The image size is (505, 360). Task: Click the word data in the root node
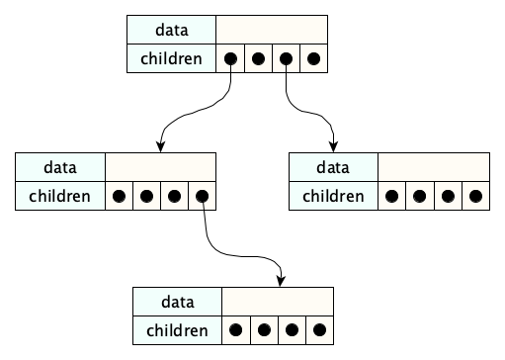171,31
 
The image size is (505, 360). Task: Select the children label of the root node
171,58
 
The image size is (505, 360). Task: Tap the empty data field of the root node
271,31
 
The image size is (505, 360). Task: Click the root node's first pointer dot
230,58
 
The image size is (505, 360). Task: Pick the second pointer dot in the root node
258,58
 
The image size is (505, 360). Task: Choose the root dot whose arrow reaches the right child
286,58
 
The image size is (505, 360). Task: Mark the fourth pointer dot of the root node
313,58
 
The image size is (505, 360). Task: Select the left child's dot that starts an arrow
202,196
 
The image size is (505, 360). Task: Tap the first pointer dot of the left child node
119,196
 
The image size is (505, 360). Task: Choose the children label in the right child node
333,196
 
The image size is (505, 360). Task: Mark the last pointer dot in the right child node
475,196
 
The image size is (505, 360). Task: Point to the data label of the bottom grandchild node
178,302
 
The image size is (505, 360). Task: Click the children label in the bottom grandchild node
178,329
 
